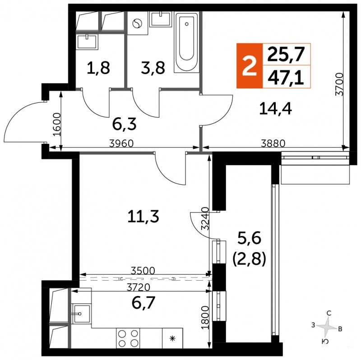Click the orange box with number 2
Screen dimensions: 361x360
pyautogui.click(x=250, y=66)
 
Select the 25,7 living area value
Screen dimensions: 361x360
pyautogui.click(x=286, y=54)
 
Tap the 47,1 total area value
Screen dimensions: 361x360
pyautogui.click(x=286, y=77)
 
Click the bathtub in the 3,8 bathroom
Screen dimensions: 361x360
pyautogui.click(x=187, y=43)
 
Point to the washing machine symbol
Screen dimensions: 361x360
pyautogui.click(x=138, y=23)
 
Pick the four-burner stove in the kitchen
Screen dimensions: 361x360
pyautogui.click(x=128, y=338)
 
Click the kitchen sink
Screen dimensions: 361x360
pyautogui.click(x=81, y=313)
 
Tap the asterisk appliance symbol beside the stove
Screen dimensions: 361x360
pyautogui.click(x=172, y=338)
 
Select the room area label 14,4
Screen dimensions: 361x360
pyautogui.click(x=275, y=109)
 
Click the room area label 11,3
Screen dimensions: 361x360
pyautogui.click(x=143, y=217)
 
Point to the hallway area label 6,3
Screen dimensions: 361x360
pyautogui.click(x=125, y=125)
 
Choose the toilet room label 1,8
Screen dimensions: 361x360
pyautogui.click(x=98, y=68)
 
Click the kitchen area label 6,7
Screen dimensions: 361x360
pyautogui.click(x=143, y=303)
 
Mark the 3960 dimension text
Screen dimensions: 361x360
pyautogui.click(x=121, y=143)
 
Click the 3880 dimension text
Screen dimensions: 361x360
pyautogui.click(x=273, y=143)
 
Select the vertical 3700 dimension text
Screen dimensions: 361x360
pyautogui.click(x=339, y=84)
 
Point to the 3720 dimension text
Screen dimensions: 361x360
pyautogui.click(x=139, y=287)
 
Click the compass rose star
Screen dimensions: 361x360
pyautogui.click(x=326, y=327)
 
